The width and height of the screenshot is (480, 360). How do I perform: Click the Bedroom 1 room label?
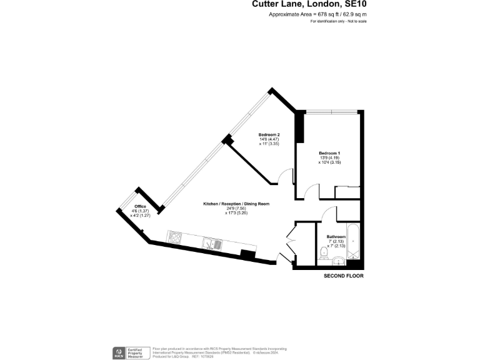click(x=329, y=153)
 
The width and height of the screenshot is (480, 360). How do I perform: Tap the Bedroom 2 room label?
click(x=269, y=134)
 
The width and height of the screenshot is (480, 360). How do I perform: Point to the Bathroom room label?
click(x=336, y=237)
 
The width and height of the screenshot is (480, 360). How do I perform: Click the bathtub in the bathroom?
click(x=353, y=242)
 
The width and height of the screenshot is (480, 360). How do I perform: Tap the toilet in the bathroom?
click(x=323, y=252)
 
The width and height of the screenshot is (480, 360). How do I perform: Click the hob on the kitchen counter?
click(x=174, y=237)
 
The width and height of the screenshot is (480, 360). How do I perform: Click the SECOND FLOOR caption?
click(x=343, y=275)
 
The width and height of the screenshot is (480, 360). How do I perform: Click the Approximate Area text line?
click(x=317, y=14)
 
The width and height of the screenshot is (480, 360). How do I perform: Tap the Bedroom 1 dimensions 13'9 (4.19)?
click(x=329, y=158)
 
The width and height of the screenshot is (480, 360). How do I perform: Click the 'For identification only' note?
click(x=338, y=21)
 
